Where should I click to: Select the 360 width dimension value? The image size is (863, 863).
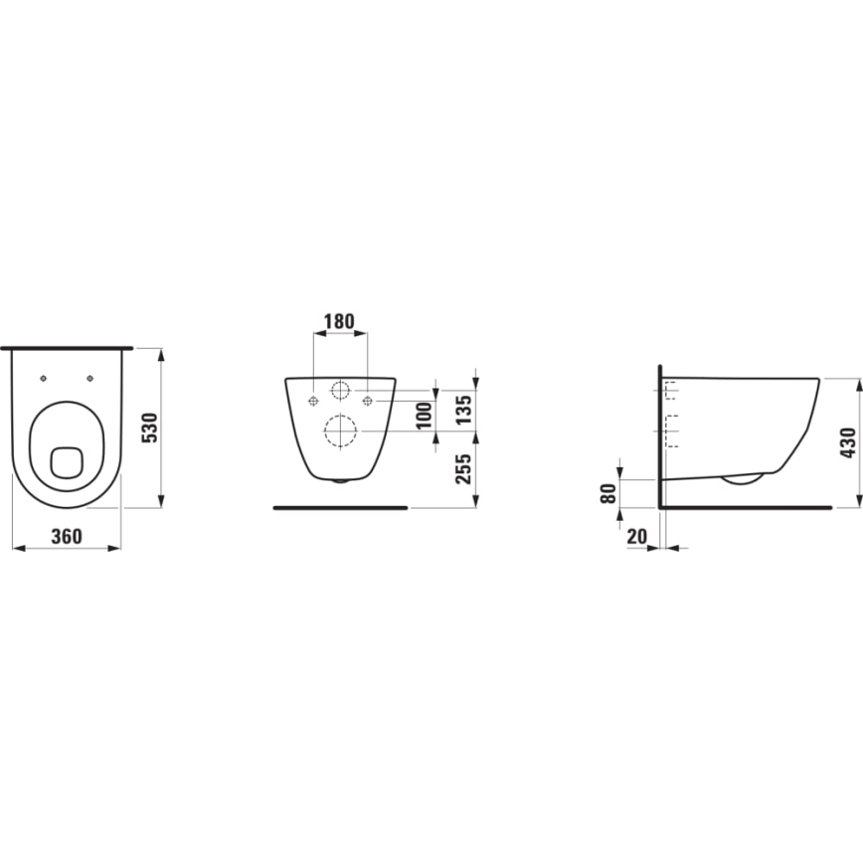coord(66,536)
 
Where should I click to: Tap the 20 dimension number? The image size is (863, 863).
coord(637,536)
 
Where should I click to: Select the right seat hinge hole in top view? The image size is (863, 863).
coord(89,378)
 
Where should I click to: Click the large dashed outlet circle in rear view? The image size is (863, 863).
coord(340,431)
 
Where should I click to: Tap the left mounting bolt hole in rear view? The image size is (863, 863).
coord(313,400)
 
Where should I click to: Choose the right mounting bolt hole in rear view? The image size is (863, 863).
coord(368,400)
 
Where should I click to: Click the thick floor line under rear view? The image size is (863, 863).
coord(340,507)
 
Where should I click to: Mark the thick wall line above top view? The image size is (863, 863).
coord(67,348)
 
